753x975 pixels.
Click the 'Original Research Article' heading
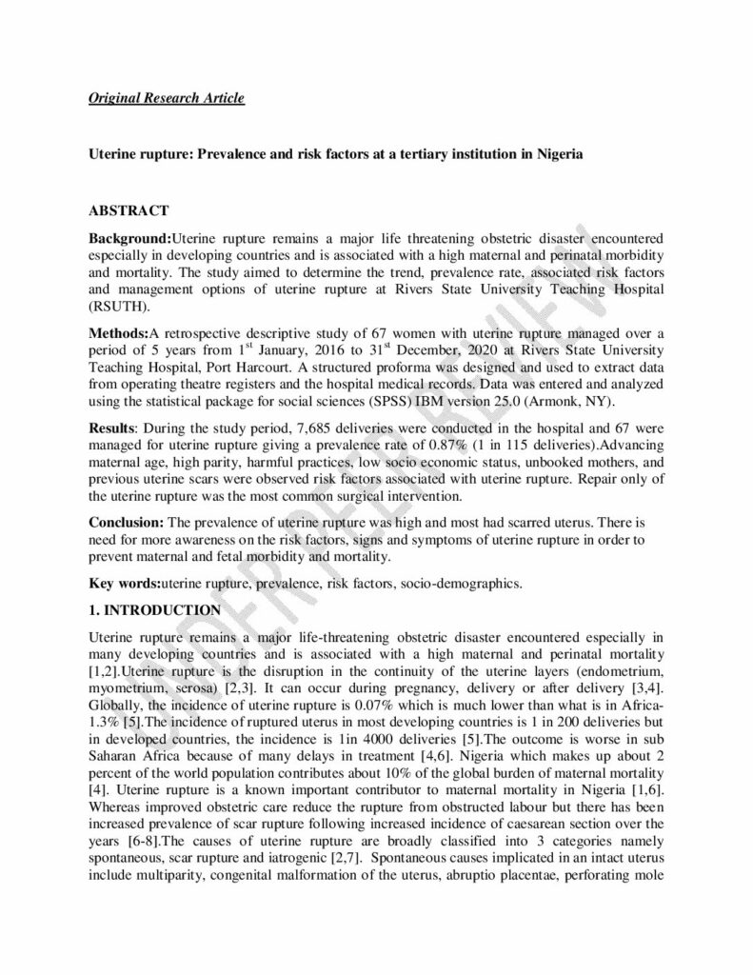point(167,98)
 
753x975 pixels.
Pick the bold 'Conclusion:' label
point(127,522)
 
